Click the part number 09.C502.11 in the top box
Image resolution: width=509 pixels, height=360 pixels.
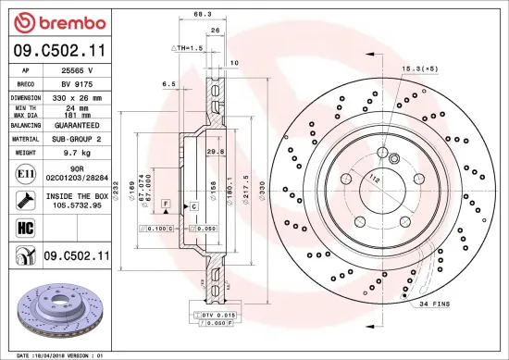[59, 53]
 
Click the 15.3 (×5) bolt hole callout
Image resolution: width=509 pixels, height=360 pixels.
[420, 69]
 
